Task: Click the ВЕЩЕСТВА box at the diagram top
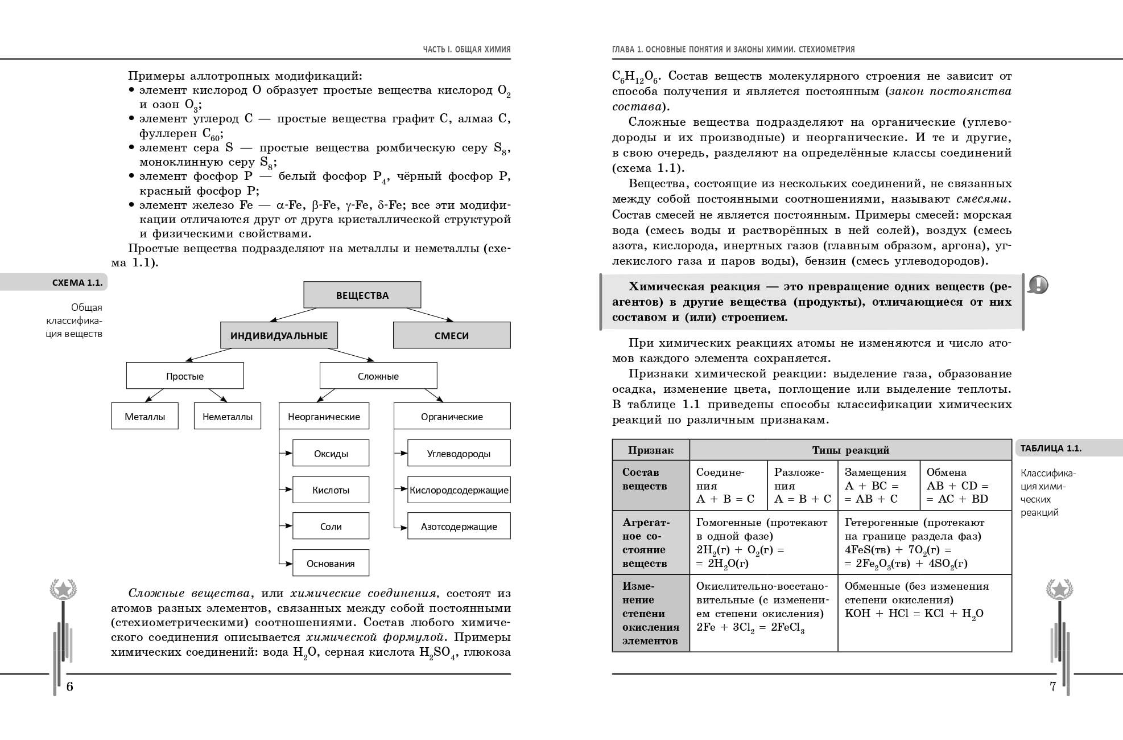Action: (362, 295)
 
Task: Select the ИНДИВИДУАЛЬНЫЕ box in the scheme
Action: (279, 335)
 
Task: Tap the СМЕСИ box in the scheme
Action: (451, 335)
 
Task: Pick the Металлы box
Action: (144, 416)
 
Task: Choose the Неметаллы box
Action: (227, 416)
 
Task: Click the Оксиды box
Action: (331, 453)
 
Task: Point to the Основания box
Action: (331, 563)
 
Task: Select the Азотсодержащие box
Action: (459, 526)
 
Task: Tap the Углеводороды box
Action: (459, 453)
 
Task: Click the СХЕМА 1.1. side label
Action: (77, 282)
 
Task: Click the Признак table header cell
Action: (650, 450)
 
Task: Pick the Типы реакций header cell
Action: (850, 450)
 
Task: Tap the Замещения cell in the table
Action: (878, 486)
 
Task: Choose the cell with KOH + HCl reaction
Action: (924, 612)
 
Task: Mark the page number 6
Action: (70, 686)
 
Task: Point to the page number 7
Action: (1052, 686)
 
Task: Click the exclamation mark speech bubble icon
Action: (1038, 284)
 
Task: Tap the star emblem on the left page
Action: (63, 589)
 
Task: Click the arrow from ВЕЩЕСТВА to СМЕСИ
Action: (430, 314)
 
